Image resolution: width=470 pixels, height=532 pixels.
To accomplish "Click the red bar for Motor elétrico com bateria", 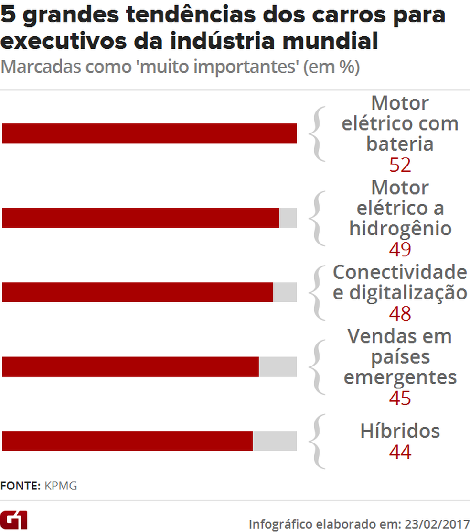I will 149,133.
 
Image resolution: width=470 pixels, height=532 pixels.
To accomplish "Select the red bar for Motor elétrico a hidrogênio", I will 140,218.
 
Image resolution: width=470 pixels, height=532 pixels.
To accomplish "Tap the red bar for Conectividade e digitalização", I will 138,292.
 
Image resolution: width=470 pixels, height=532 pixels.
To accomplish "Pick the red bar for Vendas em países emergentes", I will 130,366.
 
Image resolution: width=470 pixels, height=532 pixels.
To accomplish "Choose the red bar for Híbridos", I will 127,441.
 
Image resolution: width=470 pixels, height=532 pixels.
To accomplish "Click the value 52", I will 400,165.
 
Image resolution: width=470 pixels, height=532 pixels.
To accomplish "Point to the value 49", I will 400,249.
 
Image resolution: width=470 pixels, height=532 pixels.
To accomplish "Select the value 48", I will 400,314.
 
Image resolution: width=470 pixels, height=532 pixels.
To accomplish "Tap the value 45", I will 400,398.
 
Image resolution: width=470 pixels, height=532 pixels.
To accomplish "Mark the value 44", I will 400,452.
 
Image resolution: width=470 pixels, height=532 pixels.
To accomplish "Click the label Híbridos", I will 400,431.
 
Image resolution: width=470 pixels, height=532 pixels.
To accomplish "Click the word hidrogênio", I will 400,229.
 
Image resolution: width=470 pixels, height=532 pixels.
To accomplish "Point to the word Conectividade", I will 400,272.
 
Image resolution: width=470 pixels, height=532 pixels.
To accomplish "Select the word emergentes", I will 400,377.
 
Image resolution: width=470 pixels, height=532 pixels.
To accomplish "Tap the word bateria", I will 400,144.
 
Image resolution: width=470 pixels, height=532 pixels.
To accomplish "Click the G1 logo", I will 14,519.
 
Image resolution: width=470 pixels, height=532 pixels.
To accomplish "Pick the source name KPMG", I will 61,486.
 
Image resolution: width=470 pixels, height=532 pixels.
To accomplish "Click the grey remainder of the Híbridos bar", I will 275,441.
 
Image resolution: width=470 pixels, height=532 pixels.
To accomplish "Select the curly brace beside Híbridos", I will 317,441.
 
